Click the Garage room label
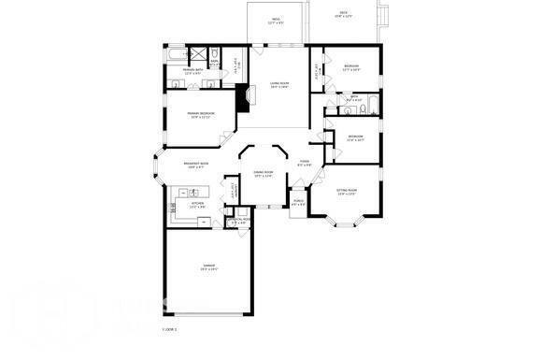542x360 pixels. pyautogui.click(x=208, y=266)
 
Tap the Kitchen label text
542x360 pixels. pyautogui.click(x=197, y=204)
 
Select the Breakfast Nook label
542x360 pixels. pyautogui.click(x=196, y=166)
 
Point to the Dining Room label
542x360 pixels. pyautogui.click(x=263, y=174)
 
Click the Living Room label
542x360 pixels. pyautogui.click(x=278, y=85)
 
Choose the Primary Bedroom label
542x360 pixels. pyautogui.click(x=202, y=115)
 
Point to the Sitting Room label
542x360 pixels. pyautogui.click(x=347, y=194)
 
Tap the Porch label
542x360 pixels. pyautogui.click(x=298, y=201)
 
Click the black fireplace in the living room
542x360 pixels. pyautogui.click(x=244, y=97)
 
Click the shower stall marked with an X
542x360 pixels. pyautogui.click(x=214, y=52)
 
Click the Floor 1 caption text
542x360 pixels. pyautogui.click(x=168, y=329)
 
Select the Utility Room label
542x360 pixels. pyautogui.click(x=238, y=221)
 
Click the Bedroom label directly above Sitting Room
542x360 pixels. pyautogui.click(x=356, y=137)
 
